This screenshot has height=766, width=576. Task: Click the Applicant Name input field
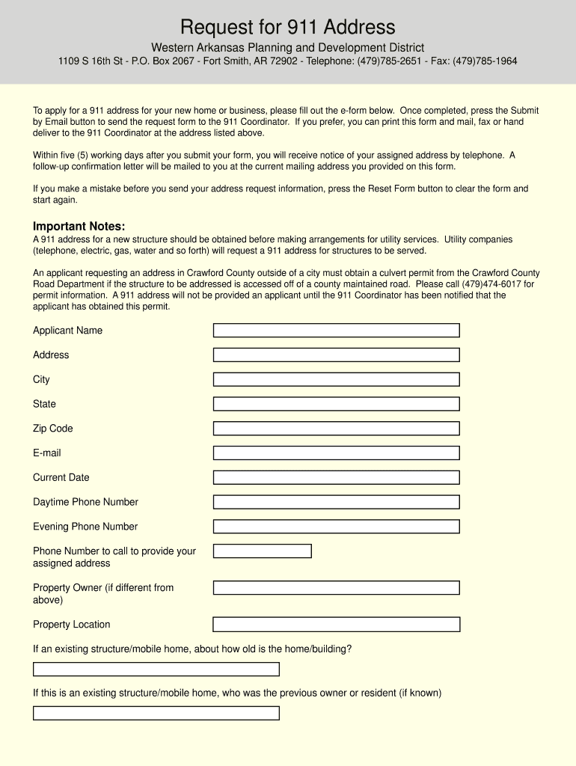coord(336,331)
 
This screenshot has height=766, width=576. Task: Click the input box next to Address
coord(336,355)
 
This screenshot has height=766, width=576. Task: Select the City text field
coord(336,379)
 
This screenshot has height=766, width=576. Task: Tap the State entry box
coord(336,404)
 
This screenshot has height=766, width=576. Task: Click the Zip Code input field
coord(336,429)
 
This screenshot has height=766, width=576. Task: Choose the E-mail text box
coord(336,453)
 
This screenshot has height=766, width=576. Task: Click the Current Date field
coord(336,477)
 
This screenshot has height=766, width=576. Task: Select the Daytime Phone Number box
coord(336,502)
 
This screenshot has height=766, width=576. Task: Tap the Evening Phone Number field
coord(336,527)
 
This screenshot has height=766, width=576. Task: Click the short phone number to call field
coord(262,551)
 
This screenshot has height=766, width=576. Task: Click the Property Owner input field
coord(336,588)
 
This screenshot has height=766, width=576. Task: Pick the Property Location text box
coord(336,625)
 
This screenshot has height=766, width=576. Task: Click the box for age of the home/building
coord(156,670)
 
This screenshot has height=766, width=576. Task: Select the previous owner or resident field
coord(156,714)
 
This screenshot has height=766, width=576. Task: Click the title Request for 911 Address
coord(287,28)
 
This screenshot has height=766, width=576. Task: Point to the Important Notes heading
coord(79,227)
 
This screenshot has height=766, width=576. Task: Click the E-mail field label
coord(47,453)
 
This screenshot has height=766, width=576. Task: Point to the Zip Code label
coord(53,429)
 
